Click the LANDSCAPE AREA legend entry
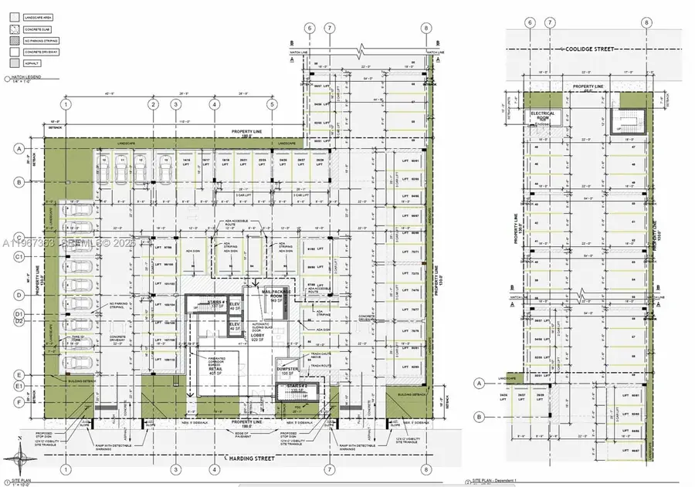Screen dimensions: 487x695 pos(36,16)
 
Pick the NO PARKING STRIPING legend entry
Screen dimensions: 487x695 pos(40,41)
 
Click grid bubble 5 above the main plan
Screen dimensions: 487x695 pos(272,104)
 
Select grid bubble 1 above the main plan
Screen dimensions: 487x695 pos(67,104)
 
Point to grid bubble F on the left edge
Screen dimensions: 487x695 pos(16,402)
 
